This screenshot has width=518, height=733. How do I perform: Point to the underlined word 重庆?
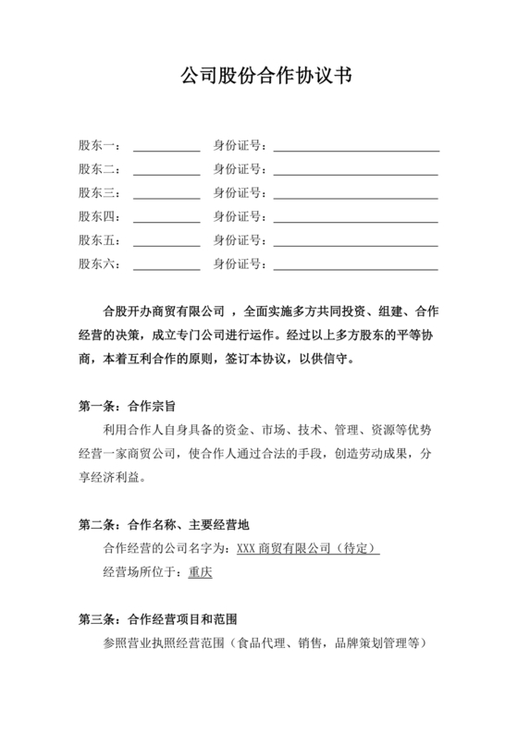200,572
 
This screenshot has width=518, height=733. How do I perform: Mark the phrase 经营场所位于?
139,572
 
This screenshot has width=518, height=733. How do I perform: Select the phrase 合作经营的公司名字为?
163,549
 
